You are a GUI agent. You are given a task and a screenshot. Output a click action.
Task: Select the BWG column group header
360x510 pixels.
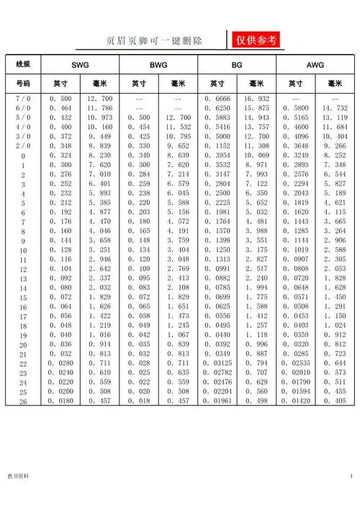click(158, 65)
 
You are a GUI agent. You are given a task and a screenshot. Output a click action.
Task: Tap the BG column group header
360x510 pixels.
click(237, 65)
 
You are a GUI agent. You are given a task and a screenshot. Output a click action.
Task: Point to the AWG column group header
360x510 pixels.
click(315, 65)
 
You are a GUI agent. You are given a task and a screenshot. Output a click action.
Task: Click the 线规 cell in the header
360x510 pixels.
click(22, 65)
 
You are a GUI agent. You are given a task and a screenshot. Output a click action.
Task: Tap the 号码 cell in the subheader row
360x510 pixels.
click(22, 84)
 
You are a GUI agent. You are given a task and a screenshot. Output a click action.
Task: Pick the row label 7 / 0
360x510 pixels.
click(22, 98)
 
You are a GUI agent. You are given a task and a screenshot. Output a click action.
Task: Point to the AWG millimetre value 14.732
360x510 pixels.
click(335, 107)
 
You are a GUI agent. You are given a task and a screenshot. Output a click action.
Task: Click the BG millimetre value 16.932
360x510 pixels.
click(256, 98)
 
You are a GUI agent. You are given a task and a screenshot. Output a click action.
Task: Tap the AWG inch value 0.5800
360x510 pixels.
click(296, 107)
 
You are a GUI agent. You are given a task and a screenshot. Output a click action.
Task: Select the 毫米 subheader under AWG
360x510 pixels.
click(335, 84)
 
